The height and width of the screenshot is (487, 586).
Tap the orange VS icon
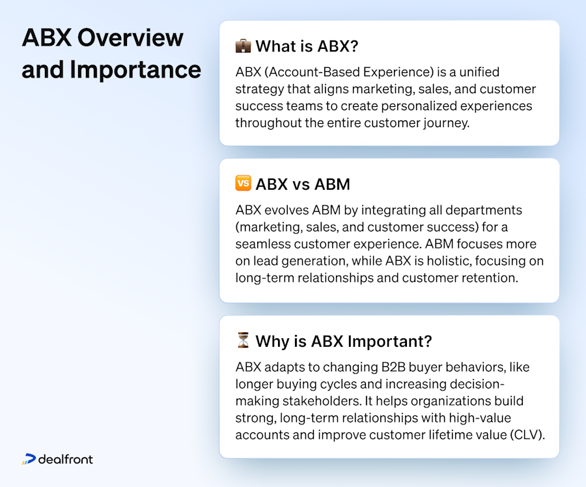[243, 184]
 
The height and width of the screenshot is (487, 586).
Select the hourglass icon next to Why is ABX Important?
[243, 340]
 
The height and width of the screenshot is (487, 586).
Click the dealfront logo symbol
[29, 460]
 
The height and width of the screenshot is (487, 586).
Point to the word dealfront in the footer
[65, 460]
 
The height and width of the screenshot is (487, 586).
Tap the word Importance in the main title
[135, 69]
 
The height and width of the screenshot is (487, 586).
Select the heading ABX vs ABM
[303, 184]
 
